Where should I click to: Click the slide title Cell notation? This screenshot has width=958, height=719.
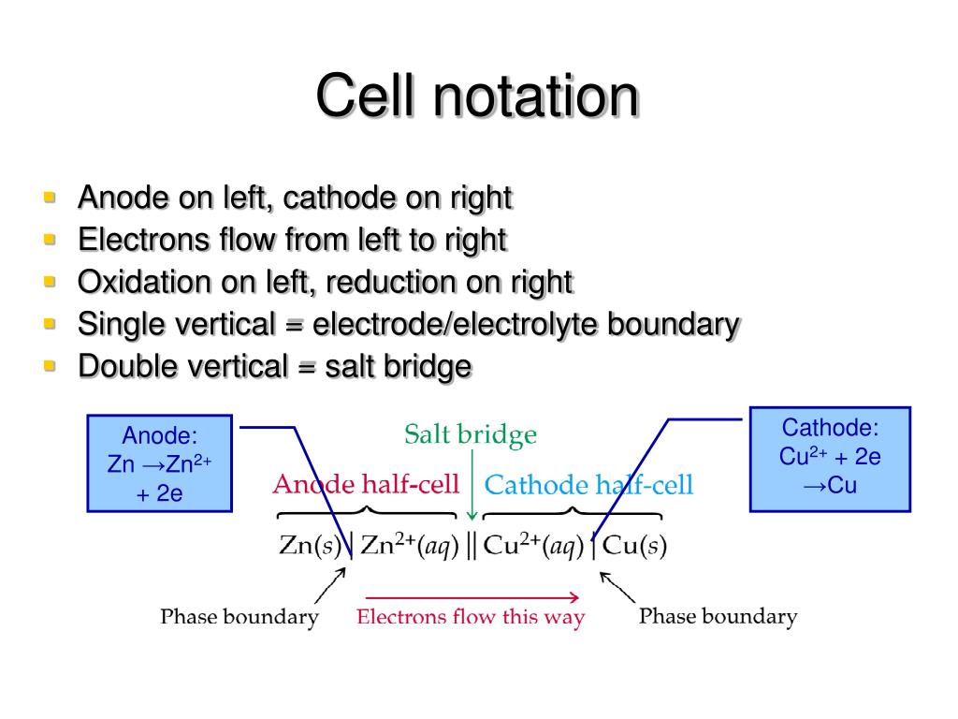pos(478,96)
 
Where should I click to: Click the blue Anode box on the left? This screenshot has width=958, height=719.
pos(159,463)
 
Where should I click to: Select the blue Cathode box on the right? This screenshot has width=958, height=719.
pos(830,458)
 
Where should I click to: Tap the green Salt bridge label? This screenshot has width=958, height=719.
pos(471,434)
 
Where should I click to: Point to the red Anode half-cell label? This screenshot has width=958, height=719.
pos(366,485)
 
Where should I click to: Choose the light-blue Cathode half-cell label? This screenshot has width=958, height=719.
pos(589,485)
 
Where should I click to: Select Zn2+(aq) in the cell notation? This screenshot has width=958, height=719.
pos(410,546)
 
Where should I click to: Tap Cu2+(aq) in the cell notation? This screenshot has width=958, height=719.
pos(532,546)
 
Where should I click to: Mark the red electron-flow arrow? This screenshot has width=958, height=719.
pos(472,596)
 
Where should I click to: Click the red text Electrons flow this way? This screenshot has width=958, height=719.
pos(471,617)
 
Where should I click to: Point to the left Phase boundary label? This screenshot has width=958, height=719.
pos(239,617)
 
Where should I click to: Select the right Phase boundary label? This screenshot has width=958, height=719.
pos(718,617)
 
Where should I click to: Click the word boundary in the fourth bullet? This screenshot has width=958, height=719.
pos(674,324)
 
